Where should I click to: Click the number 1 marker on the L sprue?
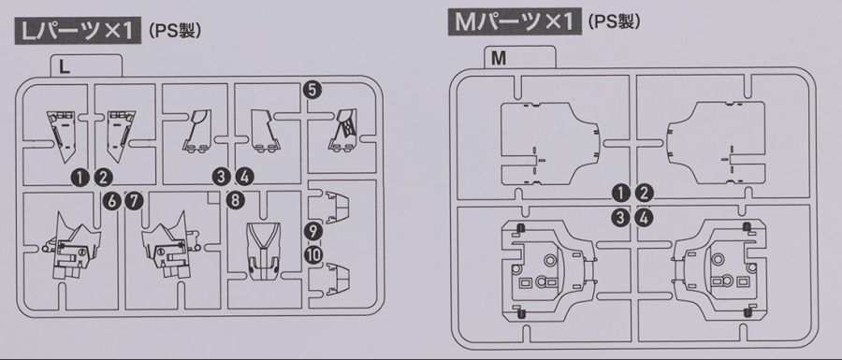[x=81, y=176]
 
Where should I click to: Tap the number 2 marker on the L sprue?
[x=104, y=176]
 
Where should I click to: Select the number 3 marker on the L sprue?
[x=221, y=176]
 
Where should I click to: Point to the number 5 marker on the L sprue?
[x=312, y=90]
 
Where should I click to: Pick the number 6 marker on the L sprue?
[x=111, y=199]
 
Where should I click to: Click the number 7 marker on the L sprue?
[x=134, y=199]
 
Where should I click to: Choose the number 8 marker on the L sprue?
[x=234, y=199]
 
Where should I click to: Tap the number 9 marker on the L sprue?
[x=312, y=230]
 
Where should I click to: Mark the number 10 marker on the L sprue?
[x=312, y=252]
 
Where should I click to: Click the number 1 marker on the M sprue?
[x=619, y=194]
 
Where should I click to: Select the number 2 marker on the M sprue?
[x=644, y=194]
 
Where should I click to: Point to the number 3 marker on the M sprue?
[x=619, y=218]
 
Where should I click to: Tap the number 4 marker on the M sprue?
[x=644, y=218]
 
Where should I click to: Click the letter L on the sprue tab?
[x=64, y=66]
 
